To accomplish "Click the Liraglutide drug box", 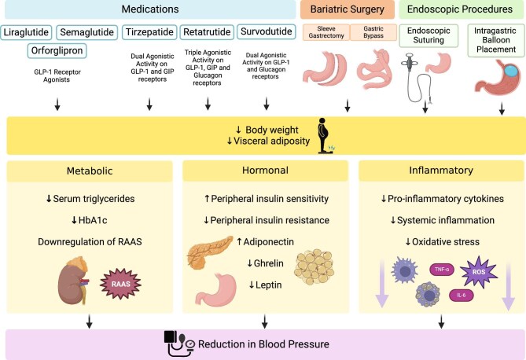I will [x=32, y=32].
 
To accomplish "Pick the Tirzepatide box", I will [x=149, y=32].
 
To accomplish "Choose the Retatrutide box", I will [x=207, y=32].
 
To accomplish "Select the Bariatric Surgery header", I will [x=346, y=9].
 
